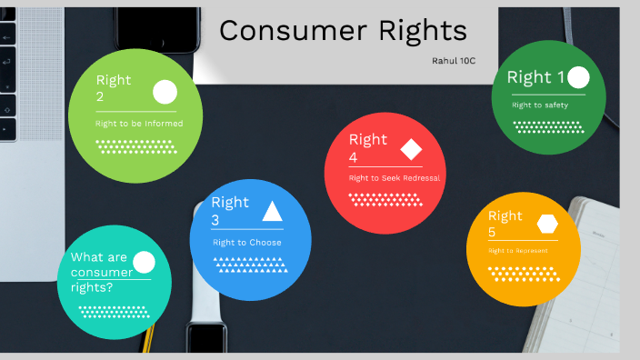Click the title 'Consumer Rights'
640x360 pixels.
[x=343, y=31]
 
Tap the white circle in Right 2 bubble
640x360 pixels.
[x=165, y=92]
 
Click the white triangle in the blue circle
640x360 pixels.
[x=272, y=212]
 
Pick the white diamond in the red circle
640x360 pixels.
[x=412, y=149]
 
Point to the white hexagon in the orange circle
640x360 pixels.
[x=547, y=224]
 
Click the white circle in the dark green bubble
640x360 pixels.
[x=578, y=77]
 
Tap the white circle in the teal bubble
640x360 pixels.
[x=144, y=263]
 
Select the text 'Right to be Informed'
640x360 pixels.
[x=139, y=123]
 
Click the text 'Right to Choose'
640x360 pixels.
[x=247, y=243]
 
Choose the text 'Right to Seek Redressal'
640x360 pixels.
[x=395, y=178]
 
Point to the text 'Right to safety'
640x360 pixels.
[x=540, y=105]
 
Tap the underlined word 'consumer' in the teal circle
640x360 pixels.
[x=101, y=272]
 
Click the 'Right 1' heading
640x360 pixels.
[x=535, y=77]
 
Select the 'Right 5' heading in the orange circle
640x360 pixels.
[x=505, y=224]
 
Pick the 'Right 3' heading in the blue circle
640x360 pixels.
[x=229, y=211]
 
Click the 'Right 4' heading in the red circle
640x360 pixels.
[x=367, y=148]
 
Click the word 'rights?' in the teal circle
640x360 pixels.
[x=92, y=287]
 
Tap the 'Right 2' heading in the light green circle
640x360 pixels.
[x=114, y=88]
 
